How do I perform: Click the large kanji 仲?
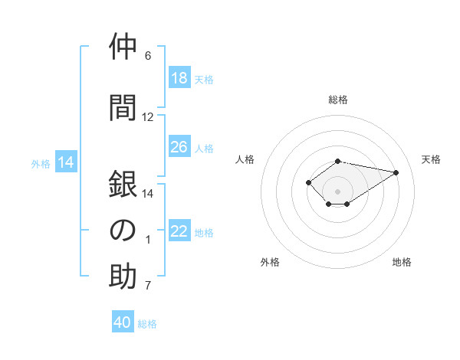click(123, 46)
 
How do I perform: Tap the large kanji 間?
click(123, 107)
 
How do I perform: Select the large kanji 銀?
click(123, 184)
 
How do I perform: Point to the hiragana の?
click(123, 230)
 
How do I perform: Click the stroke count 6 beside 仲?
click(148, 56)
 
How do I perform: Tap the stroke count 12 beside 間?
click(147, 117)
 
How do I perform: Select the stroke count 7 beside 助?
click(148, 285)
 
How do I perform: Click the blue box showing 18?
click(179, 77)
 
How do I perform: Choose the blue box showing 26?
click(179, 146)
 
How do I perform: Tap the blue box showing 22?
click(179, 230)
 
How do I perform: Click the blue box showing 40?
click(123, 321)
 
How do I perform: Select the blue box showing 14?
click(66, 162)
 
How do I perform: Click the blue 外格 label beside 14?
click(41, 164)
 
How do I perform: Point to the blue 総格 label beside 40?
click(147, 324)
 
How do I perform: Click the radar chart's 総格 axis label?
click(338, 100)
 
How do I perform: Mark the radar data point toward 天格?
click(396, 172)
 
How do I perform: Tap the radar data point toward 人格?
click(308, 182)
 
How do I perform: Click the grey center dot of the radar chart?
click(337, 191)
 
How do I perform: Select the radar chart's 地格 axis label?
click(402, 262)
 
